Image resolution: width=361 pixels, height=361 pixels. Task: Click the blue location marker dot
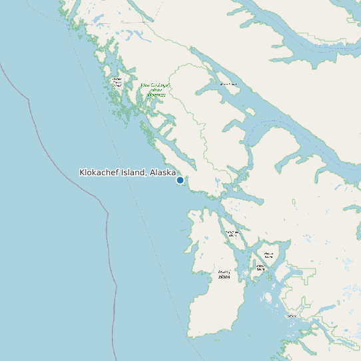point(180,180)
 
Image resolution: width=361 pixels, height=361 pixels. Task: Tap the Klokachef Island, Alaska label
point(127,173)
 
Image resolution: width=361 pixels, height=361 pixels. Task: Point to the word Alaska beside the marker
point(163,173)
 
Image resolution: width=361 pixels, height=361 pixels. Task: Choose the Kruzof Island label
point(224,274)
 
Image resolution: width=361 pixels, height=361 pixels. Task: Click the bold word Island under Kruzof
point(224,277)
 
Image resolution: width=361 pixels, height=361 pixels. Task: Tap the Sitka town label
point(291,315)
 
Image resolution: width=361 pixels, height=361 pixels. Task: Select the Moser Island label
point(228,84)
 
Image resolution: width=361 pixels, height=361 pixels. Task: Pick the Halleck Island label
point(268,255)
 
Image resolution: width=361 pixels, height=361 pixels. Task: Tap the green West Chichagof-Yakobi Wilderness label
point(156,91)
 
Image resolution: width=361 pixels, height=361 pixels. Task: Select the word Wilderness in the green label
point(156,96)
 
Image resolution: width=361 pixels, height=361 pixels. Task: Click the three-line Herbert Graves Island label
point(117,83)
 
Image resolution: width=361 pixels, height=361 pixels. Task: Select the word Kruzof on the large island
point(224,272)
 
